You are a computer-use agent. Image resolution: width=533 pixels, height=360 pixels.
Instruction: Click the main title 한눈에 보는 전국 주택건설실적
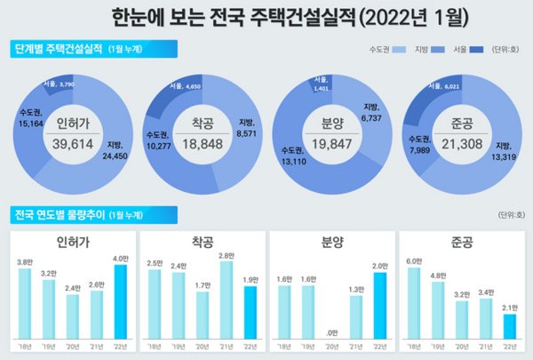(266, 15)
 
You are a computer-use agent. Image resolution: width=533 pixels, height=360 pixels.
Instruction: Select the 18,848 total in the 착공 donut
(203, 144)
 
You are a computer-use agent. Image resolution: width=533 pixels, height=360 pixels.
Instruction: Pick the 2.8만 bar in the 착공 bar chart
(226, 300)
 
